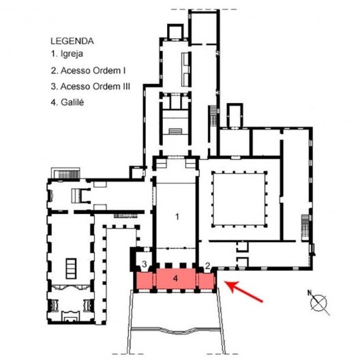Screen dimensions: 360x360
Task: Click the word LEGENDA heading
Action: [72, 42]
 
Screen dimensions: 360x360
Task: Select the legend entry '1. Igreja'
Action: [67, 54]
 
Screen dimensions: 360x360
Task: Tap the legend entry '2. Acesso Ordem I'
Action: [88, 71]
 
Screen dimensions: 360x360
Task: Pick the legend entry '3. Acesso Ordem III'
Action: [91, 87]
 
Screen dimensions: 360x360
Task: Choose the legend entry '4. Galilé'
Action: [67, 102]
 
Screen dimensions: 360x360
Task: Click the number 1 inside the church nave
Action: [177, 217]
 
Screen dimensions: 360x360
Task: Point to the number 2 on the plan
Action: [207, 266]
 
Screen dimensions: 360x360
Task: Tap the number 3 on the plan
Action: [144, 264]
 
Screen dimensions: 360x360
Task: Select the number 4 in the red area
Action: [175, 278]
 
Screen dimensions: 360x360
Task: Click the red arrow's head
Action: [231, 285]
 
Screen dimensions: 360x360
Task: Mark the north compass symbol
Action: [318, 302]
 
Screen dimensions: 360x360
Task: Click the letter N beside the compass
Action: [310, 292]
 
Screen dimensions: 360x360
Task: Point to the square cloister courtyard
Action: [239, 199]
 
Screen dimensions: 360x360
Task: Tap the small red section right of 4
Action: [206, 280]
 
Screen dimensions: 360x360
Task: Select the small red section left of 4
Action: [145, 280]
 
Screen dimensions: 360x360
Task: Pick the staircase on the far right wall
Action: [305, 227]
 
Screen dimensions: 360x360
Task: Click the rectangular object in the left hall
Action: [71, 269]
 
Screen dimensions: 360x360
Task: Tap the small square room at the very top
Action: [175, 31]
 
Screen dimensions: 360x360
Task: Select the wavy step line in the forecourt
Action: [175, 331]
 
